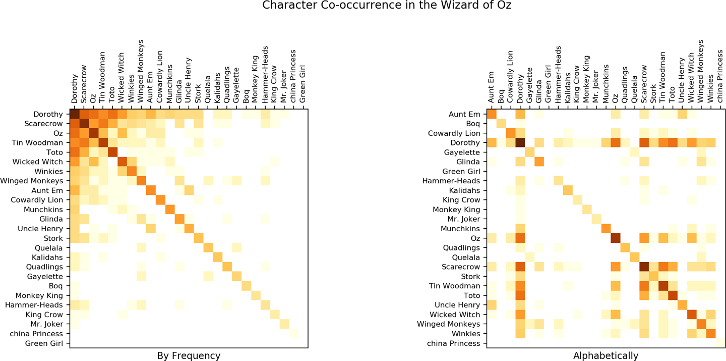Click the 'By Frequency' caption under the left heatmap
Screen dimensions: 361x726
pyautogui.click(x=189, y=356)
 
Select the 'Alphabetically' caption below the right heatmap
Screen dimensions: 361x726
pyautogui.click(x=606, y=356)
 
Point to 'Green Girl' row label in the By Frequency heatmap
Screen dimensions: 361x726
pyautogui.click(x=44, y=343)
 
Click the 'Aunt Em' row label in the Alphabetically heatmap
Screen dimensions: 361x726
pyautogui.click(x=464, y=114)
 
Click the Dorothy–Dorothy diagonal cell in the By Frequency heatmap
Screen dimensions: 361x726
pyautogui.click(x=74, y=114)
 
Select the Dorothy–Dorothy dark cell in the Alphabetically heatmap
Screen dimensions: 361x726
pyautogui.click(x=520, y=143)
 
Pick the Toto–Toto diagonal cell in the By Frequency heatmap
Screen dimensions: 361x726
pyautogui.click(x=112, y=152)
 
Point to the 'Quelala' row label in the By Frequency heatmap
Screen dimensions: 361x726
pyautogui.click(x=49, y=248)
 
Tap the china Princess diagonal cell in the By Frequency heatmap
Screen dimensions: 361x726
pyautogui.click(x=293, y=334)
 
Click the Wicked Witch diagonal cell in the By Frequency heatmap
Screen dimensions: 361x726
pyautogui.click(x=122, y=162)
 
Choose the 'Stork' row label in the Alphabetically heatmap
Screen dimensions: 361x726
pyautogui.click(x=470, y=276)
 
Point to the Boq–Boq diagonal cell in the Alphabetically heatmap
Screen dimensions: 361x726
pyautogui.click(x=502, y=124)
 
